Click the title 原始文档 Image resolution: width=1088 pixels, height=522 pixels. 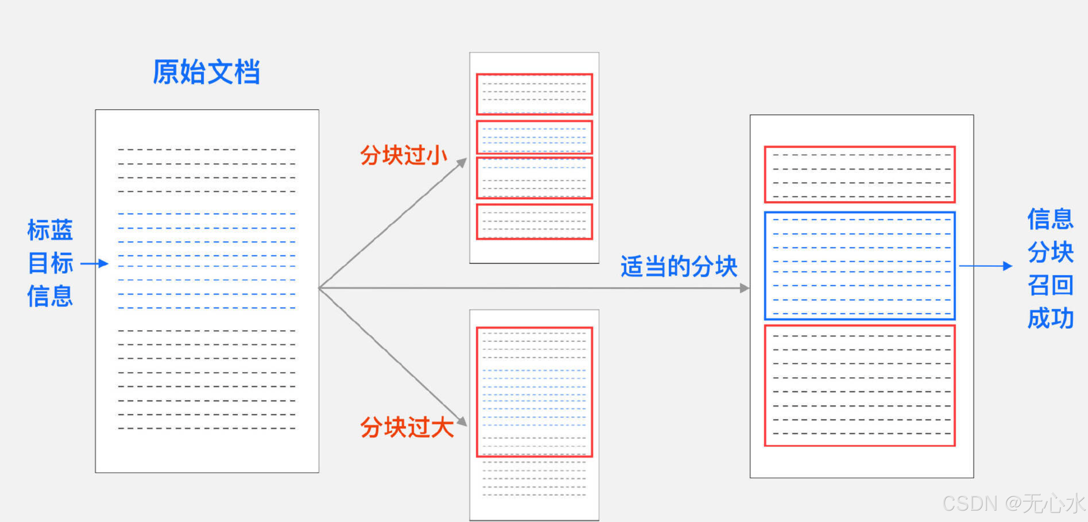tap(206, 72)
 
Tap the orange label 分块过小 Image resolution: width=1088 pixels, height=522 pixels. tap(403, 155)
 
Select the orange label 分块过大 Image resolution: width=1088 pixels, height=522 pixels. tap(407, 427)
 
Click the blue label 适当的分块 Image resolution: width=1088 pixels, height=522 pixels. tap(679, 267)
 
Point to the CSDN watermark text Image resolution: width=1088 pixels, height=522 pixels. tap(1013, 503)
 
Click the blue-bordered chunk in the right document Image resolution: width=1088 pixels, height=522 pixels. tap(860, 266)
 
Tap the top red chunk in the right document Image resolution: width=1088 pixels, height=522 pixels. tap(860, 175)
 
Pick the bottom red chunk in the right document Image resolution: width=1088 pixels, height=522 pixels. tap(860, 385)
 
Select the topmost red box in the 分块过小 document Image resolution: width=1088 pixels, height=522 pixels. tap(534, 94)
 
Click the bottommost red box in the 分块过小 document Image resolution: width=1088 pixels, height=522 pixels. tap(534, 222)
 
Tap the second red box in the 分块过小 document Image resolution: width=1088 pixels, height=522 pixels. tap(534, 137)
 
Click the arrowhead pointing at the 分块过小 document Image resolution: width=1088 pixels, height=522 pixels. tap(462, 162)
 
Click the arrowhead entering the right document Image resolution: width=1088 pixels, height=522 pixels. tap(744, 288)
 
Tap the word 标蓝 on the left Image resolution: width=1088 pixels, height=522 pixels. tap(50, 230)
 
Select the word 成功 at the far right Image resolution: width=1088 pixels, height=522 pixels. tap(1050, 318)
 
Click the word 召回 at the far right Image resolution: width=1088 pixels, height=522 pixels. tap(1050, 285)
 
